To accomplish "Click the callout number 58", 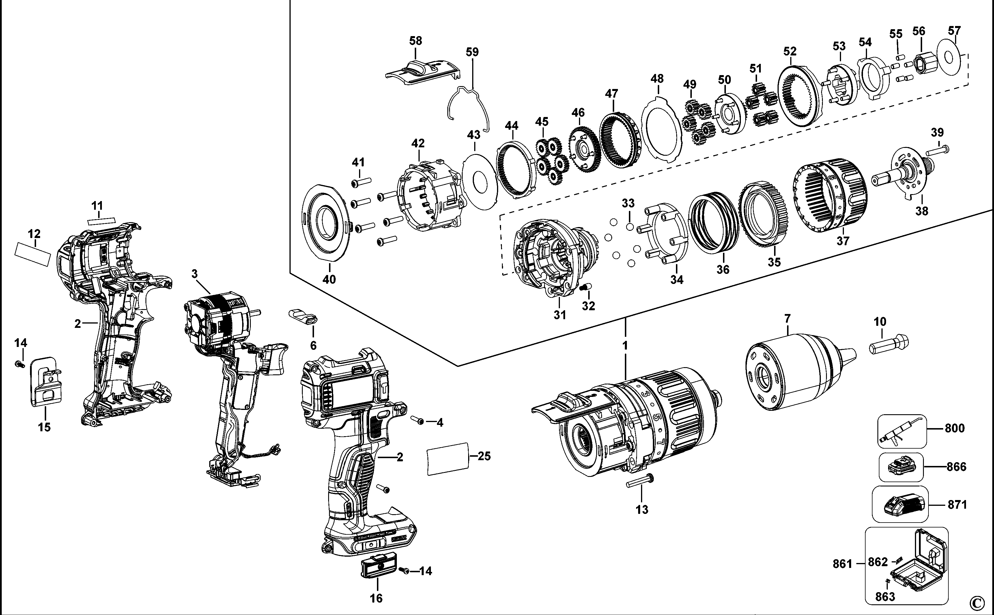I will coord(415,41).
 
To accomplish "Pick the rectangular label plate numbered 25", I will coord(447,458).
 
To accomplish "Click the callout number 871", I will coord(957,504).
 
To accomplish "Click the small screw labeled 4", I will coord(417,420).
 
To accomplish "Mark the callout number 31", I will coord(560,314).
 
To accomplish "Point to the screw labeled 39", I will coord(937,151).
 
